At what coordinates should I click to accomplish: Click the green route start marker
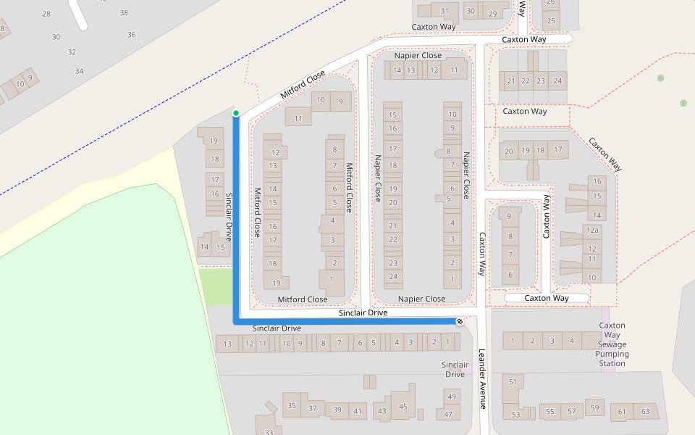[x=236, y=113]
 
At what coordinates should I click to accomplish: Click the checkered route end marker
[x=460, y=321]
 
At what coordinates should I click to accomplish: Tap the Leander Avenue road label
[x=482, y=379]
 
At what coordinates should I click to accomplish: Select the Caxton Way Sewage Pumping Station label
[x=612, y=344]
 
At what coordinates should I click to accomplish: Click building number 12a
[x=593, y=230]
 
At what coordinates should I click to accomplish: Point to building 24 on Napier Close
[x=393, y=276]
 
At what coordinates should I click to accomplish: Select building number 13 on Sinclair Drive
[x=227, y=344]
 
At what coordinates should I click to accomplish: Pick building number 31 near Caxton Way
[x=445, y=11]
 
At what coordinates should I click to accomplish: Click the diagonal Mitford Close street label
[x=303, y=86]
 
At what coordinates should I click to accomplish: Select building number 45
[x=403, y=407]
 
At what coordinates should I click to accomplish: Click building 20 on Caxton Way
[x=509, y=151]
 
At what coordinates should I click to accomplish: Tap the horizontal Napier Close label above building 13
[x=418, y=55]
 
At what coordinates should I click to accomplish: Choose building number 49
[x=451, y=396]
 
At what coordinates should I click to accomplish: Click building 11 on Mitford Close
[x=298, y=118]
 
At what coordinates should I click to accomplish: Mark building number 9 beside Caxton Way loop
[x=509, y=216]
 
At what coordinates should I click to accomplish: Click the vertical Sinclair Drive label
[x=228, y=217]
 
